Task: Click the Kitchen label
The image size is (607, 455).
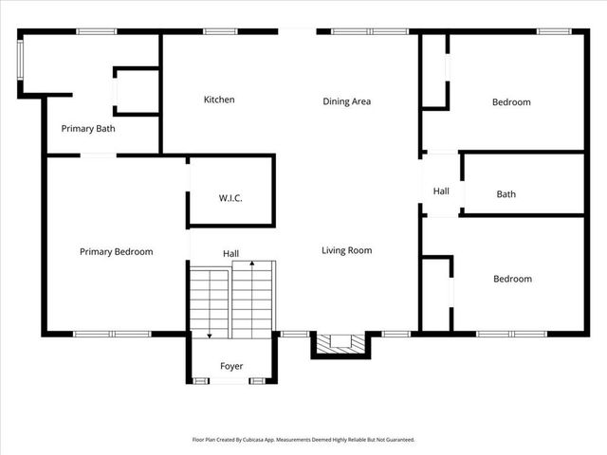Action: tap(219, 100)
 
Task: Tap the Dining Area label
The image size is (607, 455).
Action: tap(346, 101)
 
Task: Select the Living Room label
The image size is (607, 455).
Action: tap(346, 250)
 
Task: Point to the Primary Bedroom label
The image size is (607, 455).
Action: tap(116, 251)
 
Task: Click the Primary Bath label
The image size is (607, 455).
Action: tap(88, 128)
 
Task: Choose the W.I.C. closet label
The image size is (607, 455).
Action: tap(230, 198)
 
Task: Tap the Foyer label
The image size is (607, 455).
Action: tap(231, 366)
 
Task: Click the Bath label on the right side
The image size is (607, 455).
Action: tap(506, 194)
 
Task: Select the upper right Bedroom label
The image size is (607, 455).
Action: tap(511, 101)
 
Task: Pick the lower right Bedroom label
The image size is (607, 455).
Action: tap(512, 279)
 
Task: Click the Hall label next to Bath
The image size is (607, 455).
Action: tap(441, 191)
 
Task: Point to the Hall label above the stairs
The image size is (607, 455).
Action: tap(230, 254)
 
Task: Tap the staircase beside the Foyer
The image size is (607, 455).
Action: tap(231, 301)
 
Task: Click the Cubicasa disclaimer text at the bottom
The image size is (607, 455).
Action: tap(303, 440)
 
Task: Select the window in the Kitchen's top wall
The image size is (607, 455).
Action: tap(220, 32)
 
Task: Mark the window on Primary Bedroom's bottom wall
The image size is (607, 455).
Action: tap(112, 334)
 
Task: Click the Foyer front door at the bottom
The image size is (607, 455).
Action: tap(228, 381)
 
